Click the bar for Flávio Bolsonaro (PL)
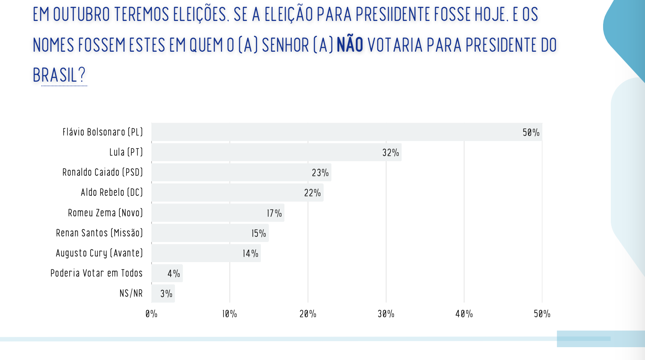pyautogui.click(x=346, y=132)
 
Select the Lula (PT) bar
pyautogui.click(x=276, y=152)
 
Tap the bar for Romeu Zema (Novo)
pyautogui.click(x=218, y=213)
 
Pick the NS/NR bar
pyautogui.click(x=163, y=294)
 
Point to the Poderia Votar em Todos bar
pyautogui.click(x=167, y=273)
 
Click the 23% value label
pyautogui.click(x=320, y=173)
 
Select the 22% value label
pyautogui.click(x=312, y=193)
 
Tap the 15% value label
pyautogui.click(x=259, y=233)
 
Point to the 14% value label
pyautogui.click(x=251, y=254)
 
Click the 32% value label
pyautogui.click(x=391, y=153)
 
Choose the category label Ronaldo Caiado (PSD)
pyautogui.click(x=103, y=172)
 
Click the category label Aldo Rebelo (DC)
pyautogui.click(x=112, y=192)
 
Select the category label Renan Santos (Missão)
pyautogui.click(x=99, y=233)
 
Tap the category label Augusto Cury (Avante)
pyautogui.click(x=99, y=253)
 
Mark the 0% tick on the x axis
pyautogui.click(x=151, y=314)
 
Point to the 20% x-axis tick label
pyautogui.click(x=308, y=314)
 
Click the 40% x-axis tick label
pyautogui.click(x=464, y=314)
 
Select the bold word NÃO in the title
pyautogui.click(x=350, y=45)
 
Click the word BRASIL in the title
pyautogui.click(x=55, y=76)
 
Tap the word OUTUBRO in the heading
pyautogui.click(x=82, y=15)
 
